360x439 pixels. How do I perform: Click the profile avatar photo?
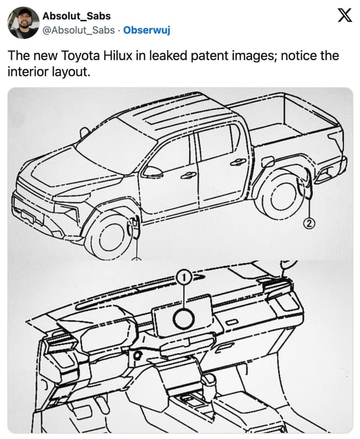pyautogui.click(x=23, y=23)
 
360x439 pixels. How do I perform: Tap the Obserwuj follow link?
pyautogui.click(x=146, y=30)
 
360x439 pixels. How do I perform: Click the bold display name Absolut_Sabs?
pyautogui.click(x=76, y=16)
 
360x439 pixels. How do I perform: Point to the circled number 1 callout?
pyautogui.click(x=183, y=277)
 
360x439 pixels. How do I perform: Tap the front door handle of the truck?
pyautogui.click(x=189, y=175)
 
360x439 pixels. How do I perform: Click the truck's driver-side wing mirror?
pyautogui.click(x=153, y=171)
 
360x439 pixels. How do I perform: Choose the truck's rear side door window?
pyautogui.click(x=217, y=142)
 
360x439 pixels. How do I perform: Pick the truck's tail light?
pyautogui.click(x=337, y=139)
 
